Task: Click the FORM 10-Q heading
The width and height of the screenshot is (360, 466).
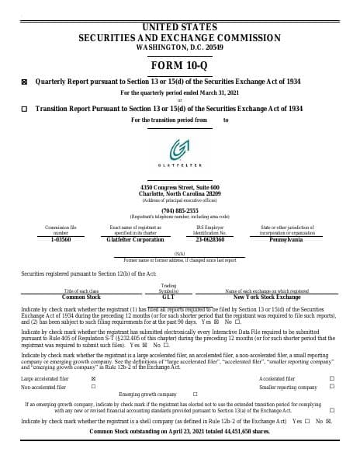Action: (x=180, y=65)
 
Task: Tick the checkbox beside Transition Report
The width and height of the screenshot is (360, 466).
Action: (x=24, y=110)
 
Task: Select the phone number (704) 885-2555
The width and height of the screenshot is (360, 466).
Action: (x=180, y=210)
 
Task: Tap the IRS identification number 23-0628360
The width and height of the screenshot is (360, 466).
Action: (x=209, y=241)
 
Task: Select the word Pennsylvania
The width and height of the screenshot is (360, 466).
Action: (x=287, y=241)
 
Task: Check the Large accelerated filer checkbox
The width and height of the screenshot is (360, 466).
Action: (x=93, y=378)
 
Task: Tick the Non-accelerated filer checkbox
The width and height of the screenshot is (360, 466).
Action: (x=93, y=387)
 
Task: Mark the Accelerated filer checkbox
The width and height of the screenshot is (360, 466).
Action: (x=331, y=378)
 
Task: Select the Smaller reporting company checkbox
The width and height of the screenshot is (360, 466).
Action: (x=331, y=387)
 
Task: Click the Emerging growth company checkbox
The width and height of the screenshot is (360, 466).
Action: (x=194, y=395)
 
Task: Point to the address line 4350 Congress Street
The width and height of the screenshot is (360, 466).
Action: (x=180, y=188)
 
